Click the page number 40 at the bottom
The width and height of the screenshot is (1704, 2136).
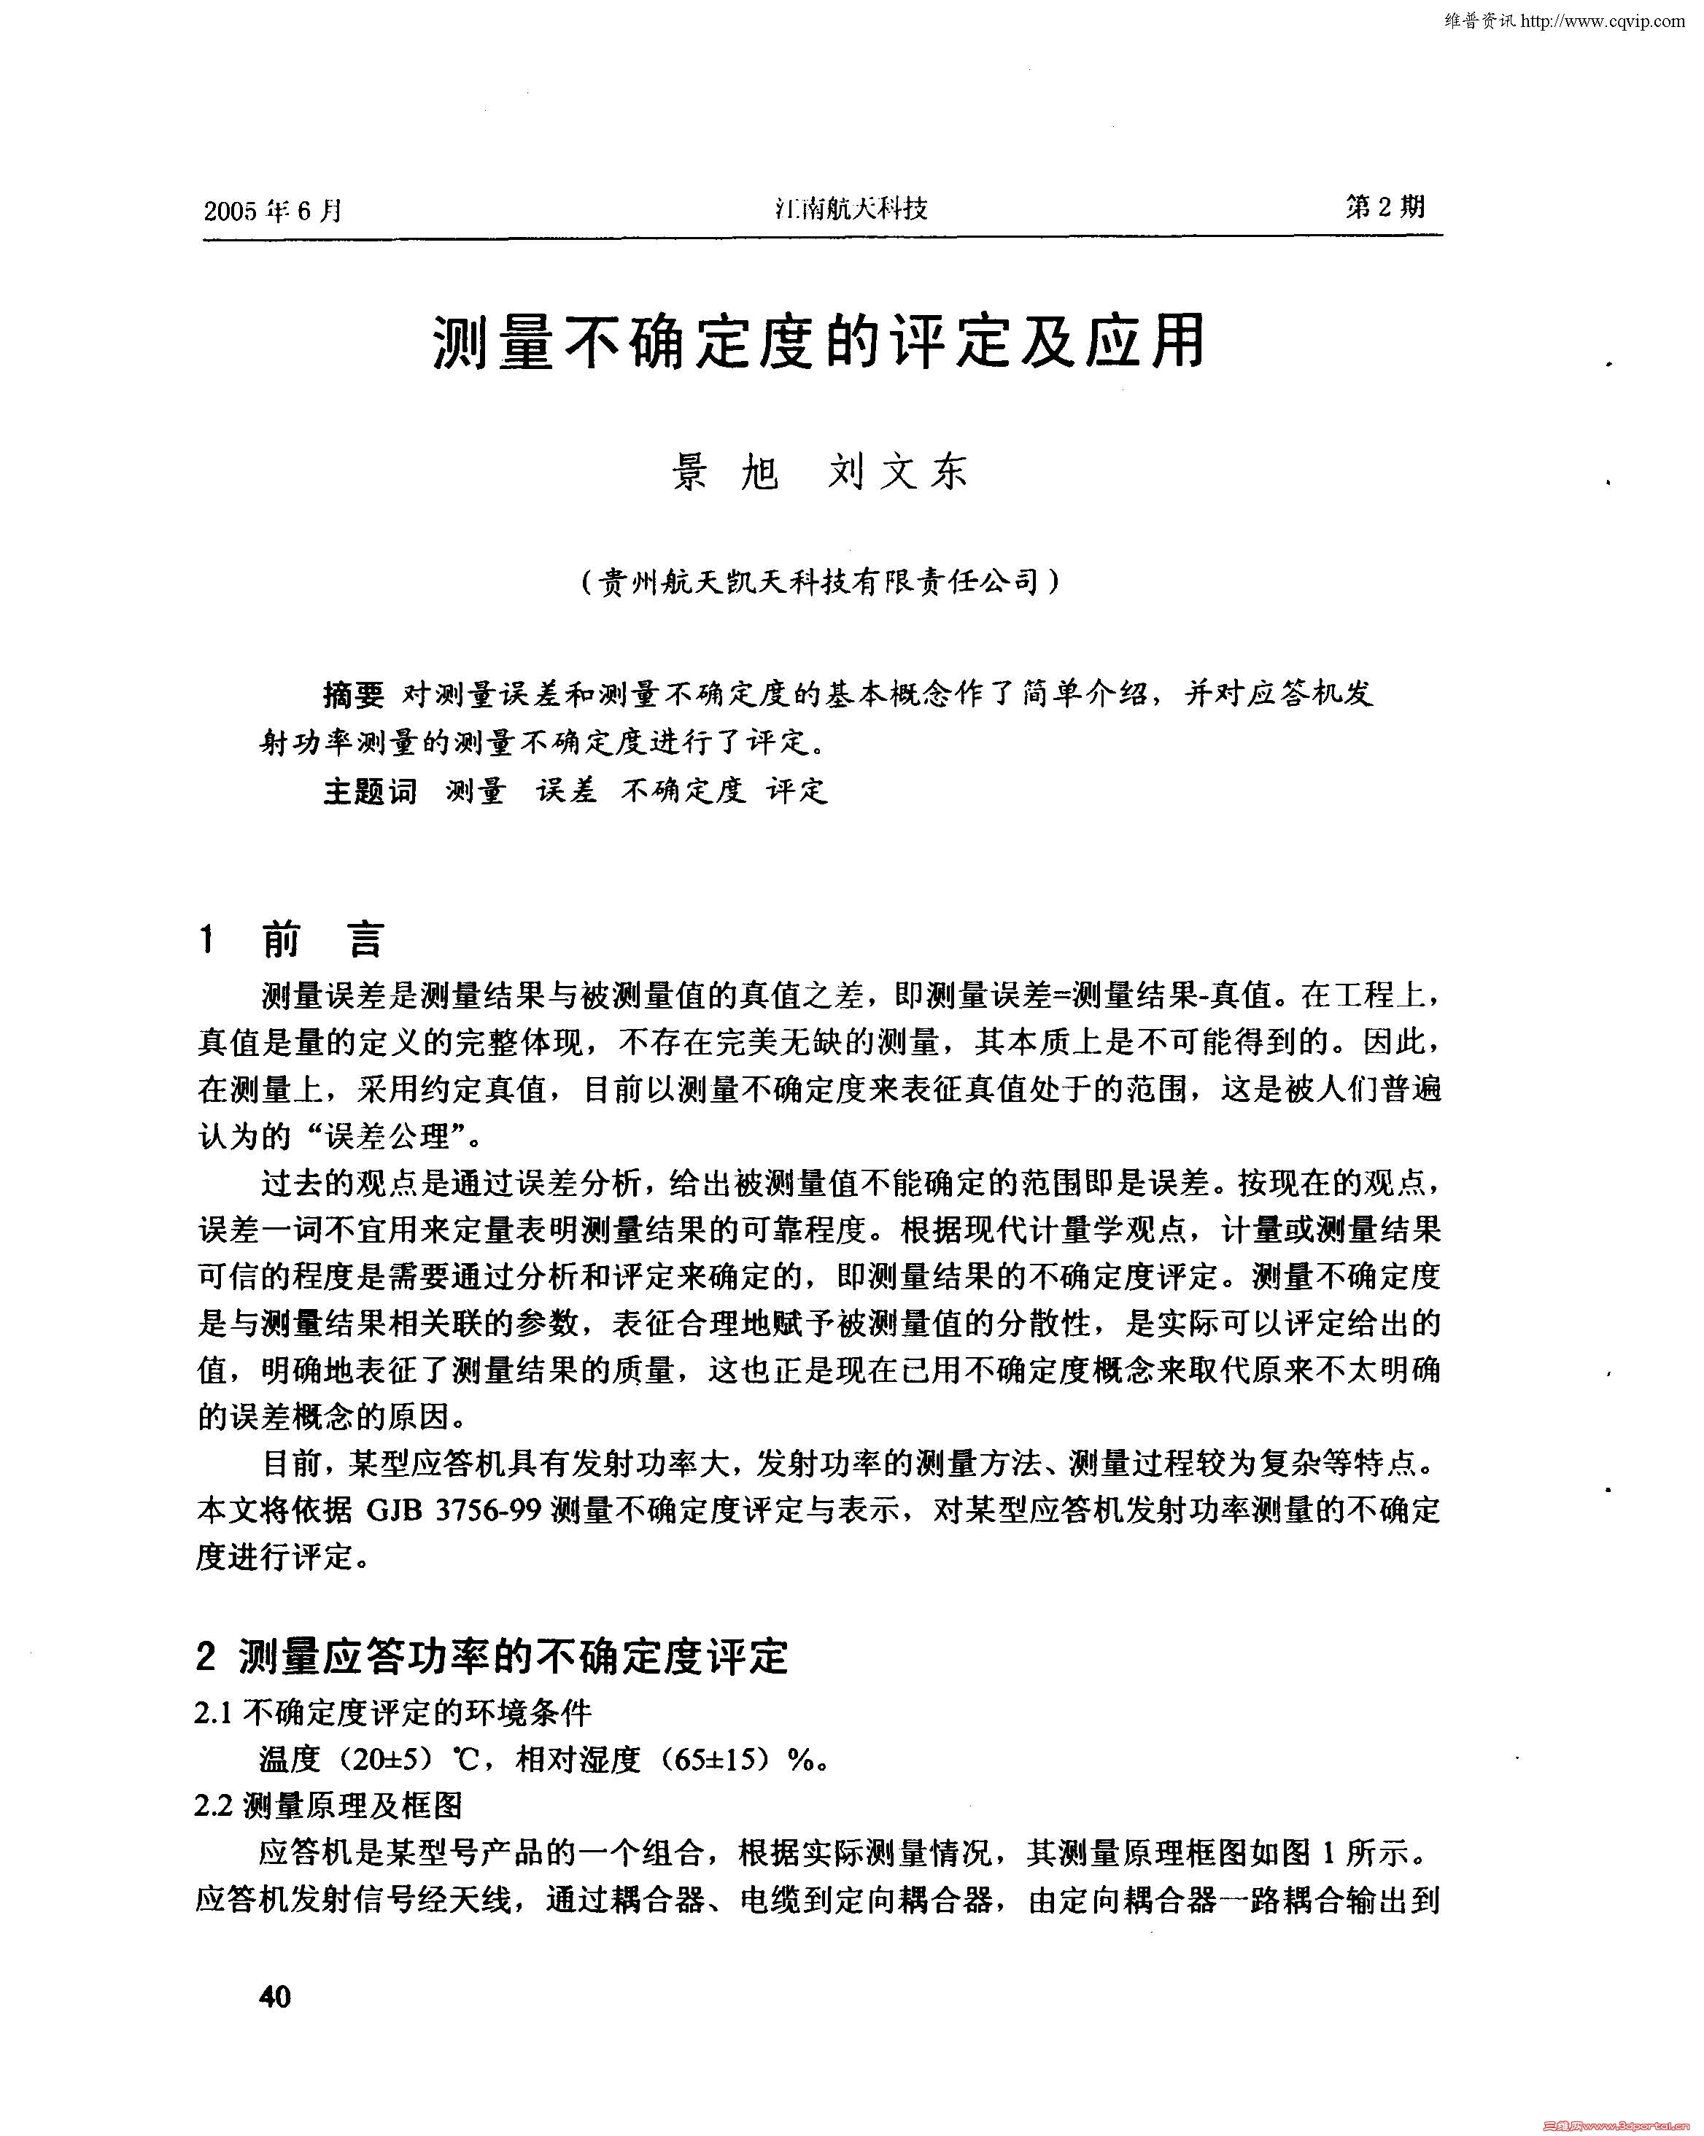click(x=274, y=1995)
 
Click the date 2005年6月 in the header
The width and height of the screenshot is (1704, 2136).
click(x=274, y=210)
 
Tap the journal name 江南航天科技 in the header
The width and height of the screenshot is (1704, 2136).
click(x=850, y=208)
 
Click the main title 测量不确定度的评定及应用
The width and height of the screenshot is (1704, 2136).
click(x=818, y=342)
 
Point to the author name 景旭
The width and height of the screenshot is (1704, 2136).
click(x=725, y=472)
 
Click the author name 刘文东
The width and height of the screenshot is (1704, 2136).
click(x=897, y=472)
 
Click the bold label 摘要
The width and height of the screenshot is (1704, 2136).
click(x=354, y=696)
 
